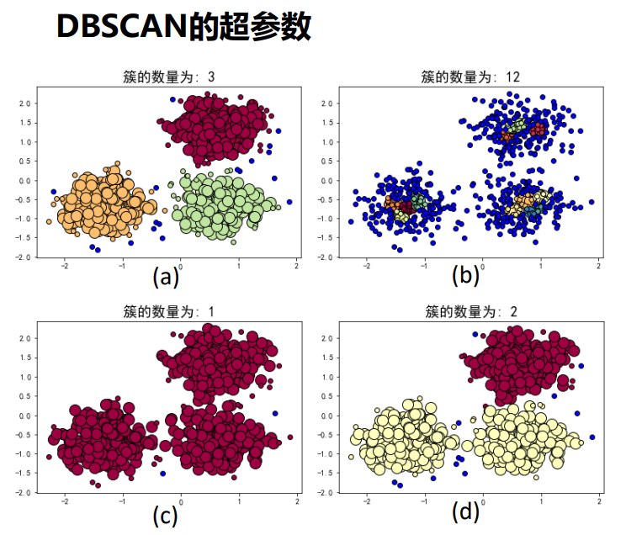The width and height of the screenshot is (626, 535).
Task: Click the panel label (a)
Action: [x=165, y=278]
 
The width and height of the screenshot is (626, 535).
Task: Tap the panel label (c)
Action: [x=165, y=514]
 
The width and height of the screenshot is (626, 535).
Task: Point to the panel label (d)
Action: [x=466, y=511]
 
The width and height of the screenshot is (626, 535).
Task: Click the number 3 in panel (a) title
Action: [x=210, y=77]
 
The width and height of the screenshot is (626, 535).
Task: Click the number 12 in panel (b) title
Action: [x=512, y=77]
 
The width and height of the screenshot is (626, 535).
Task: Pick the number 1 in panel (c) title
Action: [x=210, y=312]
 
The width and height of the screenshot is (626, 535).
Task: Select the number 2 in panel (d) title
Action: [x=513, y=312]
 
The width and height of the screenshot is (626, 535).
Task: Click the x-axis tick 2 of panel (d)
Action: [x=599, y=501]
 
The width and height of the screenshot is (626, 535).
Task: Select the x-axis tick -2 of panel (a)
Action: [x=64, y=266]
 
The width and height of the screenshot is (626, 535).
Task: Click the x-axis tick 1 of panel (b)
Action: [x=541, y=266]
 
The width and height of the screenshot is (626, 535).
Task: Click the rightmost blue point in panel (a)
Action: [x=289, y=202]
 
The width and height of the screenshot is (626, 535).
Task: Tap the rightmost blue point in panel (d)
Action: [x=592, y=437]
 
